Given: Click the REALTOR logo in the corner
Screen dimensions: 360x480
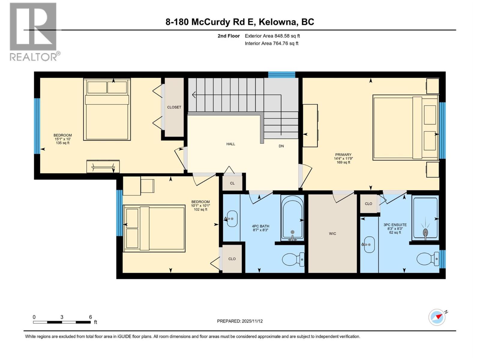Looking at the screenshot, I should [x=33, y=31].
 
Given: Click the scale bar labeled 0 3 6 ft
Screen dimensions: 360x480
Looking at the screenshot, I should [x=62, y=322].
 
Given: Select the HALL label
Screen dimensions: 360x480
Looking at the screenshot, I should [x=231, y=144].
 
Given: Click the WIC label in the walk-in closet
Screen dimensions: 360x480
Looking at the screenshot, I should [x=332, y=233].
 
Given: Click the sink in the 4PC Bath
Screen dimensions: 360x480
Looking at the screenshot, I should [x=232, y=219].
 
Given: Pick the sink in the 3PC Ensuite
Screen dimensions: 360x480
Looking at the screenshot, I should [x=369, y=244].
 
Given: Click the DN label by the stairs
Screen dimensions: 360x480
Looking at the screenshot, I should [x=281, y=146].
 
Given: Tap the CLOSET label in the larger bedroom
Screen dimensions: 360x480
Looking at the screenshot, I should [x=174, y=107].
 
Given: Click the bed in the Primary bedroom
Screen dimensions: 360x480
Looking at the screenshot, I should [x=405, y=127].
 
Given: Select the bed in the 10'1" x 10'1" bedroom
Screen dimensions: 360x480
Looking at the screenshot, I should [x=154, y=228].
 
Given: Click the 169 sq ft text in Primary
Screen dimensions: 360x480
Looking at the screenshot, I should [x=343, y=162].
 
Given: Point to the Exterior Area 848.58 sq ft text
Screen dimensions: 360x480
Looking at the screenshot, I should [x=272, y=36].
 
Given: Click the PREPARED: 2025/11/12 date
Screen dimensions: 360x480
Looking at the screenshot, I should [x=240, y=321].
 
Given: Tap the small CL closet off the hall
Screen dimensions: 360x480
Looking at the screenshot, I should [x=232, y=183].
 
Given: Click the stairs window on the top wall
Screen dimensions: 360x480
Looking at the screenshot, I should [x=281, y=74].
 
